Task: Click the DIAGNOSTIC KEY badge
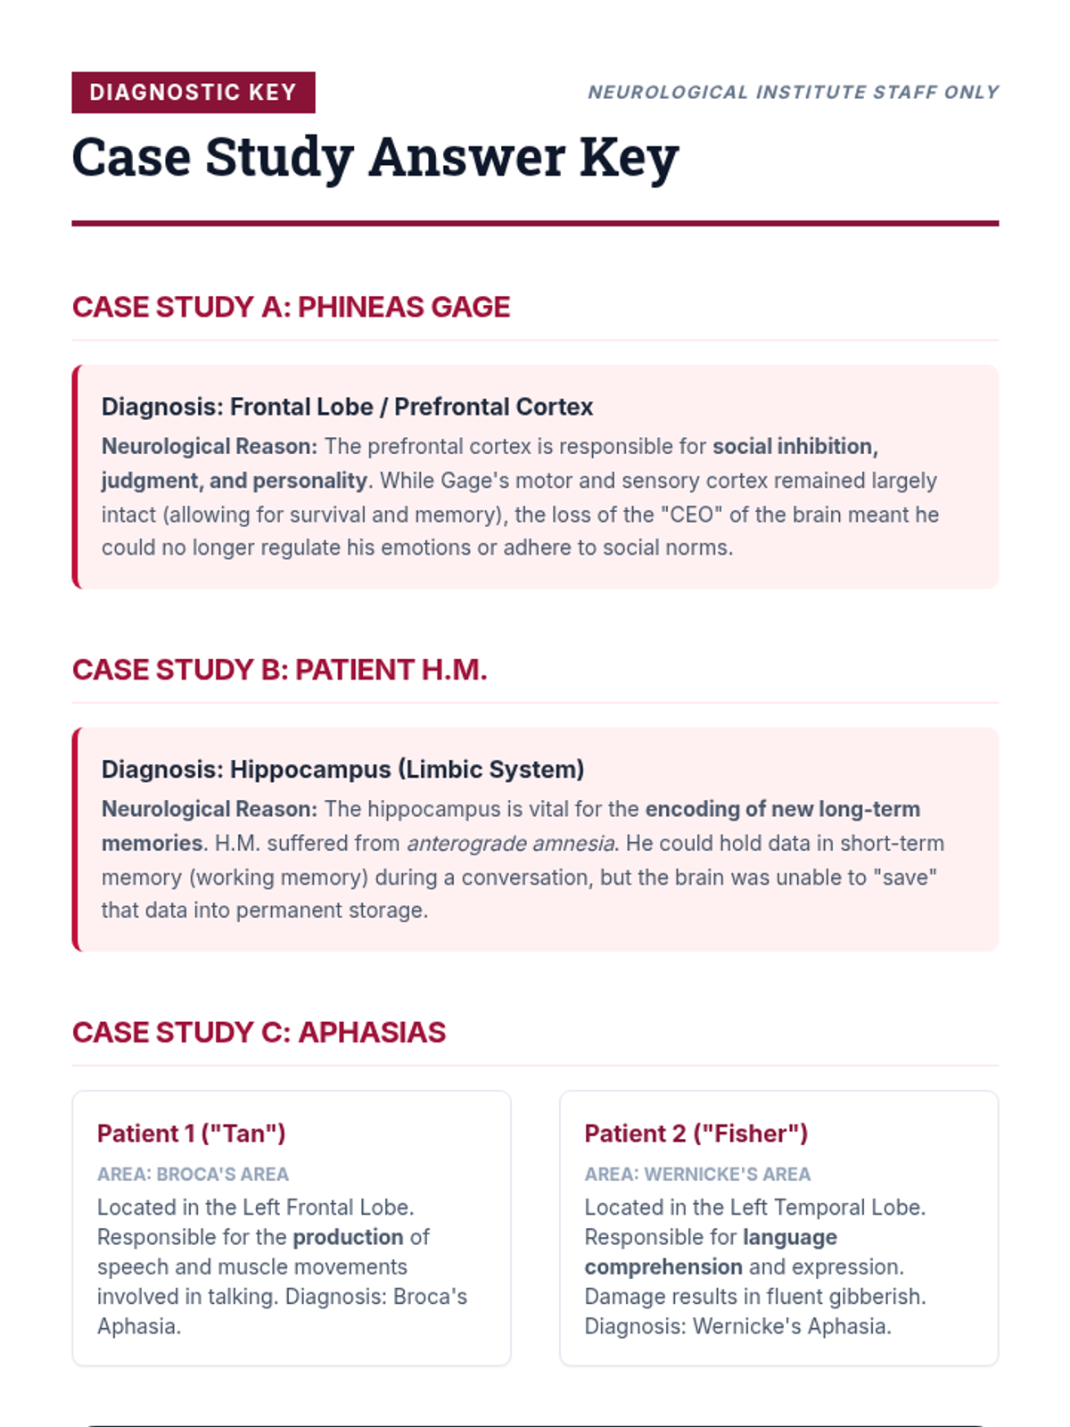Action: [x=193, y=93]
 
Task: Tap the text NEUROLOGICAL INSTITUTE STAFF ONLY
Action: [x=793, y=93]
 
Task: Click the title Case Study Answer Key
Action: [x=374, y=158]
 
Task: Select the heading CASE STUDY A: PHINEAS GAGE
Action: [x=291, y=307]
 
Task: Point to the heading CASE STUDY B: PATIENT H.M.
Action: [x=279, y=670]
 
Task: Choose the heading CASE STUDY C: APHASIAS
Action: [x=259, y=1033]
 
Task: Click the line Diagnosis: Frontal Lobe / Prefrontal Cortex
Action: [x=347, y=407]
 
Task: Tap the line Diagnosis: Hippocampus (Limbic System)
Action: [x=342, y=770]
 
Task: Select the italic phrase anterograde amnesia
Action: [x=510, y=844]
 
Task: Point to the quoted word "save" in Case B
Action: [x=909, y=878]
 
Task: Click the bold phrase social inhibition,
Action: [x=794, y=447]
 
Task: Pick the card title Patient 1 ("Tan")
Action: [x=191, y=1134]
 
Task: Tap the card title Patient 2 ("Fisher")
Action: [x=695, y=1134]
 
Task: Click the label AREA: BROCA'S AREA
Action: [x=193, y=1175]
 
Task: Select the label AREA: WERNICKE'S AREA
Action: [x=697, y=1175]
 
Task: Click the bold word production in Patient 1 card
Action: [x=348, y=1238]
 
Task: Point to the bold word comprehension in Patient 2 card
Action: [x=663, y=1267]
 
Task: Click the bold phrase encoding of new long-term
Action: [x=782, y=810]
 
